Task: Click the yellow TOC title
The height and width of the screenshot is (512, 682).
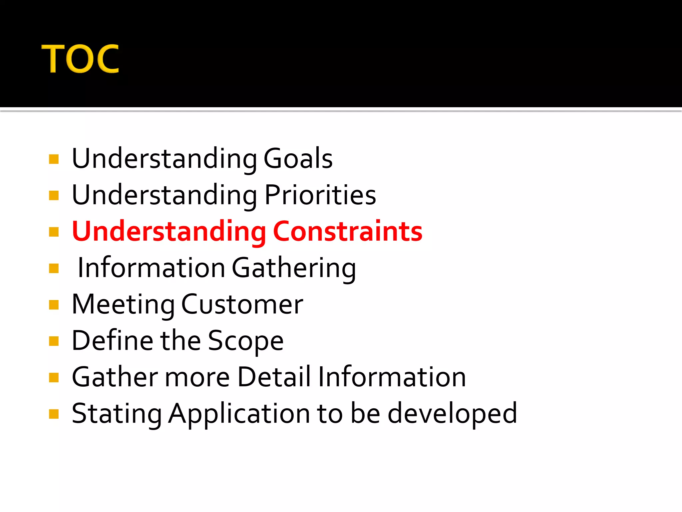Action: (x=80, y=59)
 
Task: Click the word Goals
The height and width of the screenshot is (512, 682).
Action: (x=298, y=158)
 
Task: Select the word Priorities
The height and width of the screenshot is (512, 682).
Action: (x=320, y=195)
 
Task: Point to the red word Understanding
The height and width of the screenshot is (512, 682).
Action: (x=169, y=232)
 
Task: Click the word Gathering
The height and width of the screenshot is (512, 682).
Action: (x=294, y=268)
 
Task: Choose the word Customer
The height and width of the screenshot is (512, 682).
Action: (x=242, y=304)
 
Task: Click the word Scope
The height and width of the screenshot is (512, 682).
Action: (x=246, y=341)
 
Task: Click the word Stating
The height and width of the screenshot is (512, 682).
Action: (x=117, y=414)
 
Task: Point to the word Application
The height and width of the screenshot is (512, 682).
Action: (x=239, y=414)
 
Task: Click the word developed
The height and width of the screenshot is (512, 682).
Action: (x=452, y=414)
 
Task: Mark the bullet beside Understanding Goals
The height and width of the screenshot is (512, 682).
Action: (x=54, y=159)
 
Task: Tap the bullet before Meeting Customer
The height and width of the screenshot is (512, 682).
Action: (x=54, y=305)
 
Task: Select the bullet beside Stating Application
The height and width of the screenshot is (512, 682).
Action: (x=54, y=414)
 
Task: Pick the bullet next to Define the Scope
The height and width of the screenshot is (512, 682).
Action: (x=54, y=341)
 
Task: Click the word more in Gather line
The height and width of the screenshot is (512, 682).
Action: (x=197, y=377)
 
